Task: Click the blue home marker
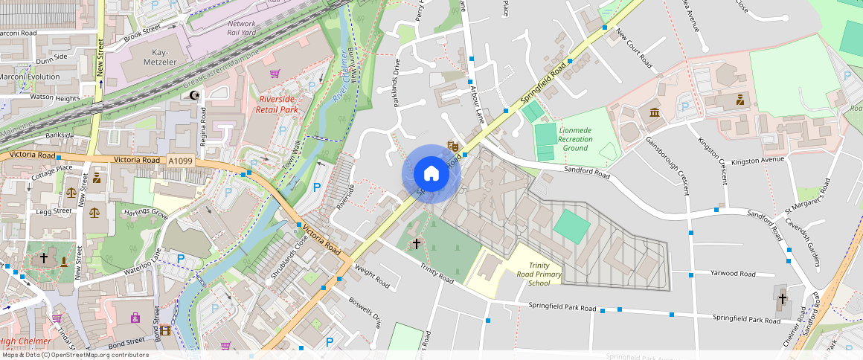(x=431, y=174)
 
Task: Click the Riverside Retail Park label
(x=277, y=104)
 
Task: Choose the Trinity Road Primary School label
(x=545, y=274)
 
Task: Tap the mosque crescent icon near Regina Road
(x=196, y=95)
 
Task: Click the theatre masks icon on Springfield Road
(x=452, y=147)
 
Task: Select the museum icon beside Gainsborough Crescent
(x=654, y=112)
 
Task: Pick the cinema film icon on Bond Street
(x=165, y=330)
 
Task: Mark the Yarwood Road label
(x=733, y=274)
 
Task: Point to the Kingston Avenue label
(x=758, y=161)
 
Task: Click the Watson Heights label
(x=54, y=97)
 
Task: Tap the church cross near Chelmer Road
(x=782, y=300)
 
